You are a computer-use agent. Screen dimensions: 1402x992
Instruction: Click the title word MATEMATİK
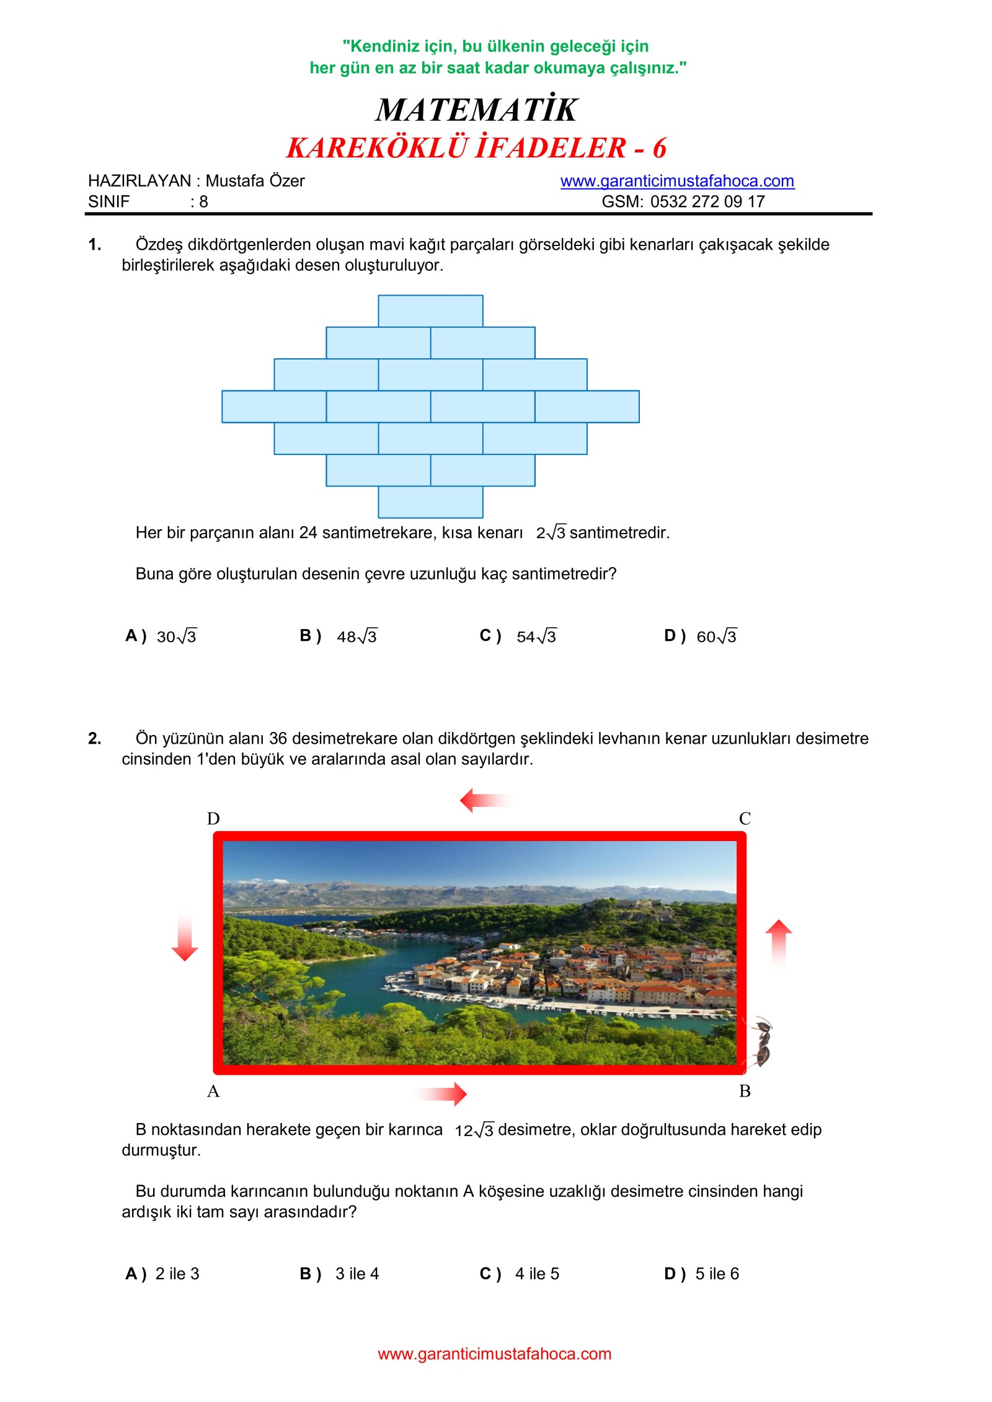point(476,110)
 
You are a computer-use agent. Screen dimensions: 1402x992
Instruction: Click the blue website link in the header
point(676,181)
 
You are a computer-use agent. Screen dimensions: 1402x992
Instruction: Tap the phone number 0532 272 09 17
point(707,201)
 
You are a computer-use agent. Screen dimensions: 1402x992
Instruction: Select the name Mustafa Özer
point(255,181)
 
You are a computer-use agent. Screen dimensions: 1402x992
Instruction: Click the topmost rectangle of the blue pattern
point(430,311)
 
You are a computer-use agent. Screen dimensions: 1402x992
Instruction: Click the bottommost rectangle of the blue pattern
point(430,501)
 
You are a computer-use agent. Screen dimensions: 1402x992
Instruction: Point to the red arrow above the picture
point(485,800)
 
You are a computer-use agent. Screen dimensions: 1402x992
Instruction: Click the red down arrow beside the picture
point(185,937)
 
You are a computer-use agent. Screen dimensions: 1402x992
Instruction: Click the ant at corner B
point(761,1043)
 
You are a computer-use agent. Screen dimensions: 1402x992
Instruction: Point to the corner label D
point(213,819)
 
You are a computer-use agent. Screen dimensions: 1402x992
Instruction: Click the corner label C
point(745,819)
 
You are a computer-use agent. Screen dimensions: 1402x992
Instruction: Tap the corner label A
point(213,1091)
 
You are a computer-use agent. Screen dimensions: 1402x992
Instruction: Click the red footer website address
point(494,1354)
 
